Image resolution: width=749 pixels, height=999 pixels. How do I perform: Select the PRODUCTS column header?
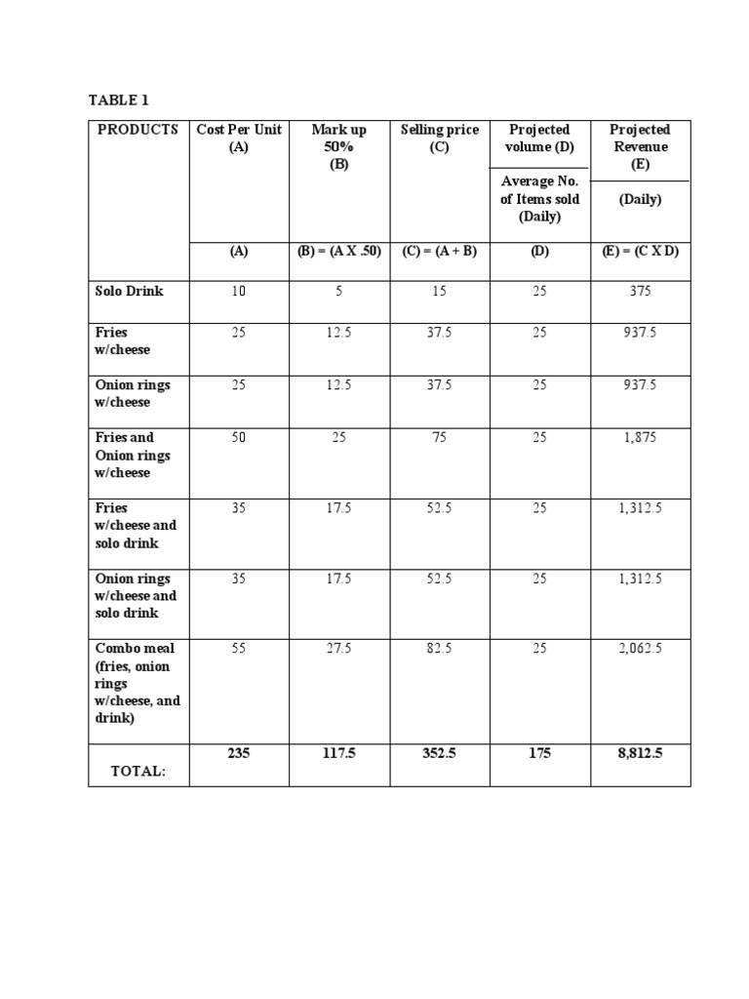pyautogui.click(x=138, y=130)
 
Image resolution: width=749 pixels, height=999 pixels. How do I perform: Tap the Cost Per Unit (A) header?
pyautogui.click(x=239, y=138)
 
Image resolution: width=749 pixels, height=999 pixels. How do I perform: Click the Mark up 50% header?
pyautogui.click(x=338, y=146)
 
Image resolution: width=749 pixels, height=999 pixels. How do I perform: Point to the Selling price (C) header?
pyautogui.click(x=440, y=138)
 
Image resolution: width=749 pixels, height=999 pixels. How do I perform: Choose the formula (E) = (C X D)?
pyautogui.click(x=640, y=251)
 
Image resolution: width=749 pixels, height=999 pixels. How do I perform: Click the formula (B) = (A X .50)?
pyautogui.click(x=338, y=251)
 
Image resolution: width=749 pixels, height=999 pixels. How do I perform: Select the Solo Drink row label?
pyautogui.click(x=130, y=291)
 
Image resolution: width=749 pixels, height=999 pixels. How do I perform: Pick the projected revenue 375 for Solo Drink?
pyautogui.click(x=640, y=291)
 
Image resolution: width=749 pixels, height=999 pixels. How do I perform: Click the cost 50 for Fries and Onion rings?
pyautogui.click(x=239, y=438)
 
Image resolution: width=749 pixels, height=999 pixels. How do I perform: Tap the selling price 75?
pyautogui.click(x=440, y=438)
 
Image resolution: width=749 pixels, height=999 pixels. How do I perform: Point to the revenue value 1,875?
pyautogui.click(x=640, y=438)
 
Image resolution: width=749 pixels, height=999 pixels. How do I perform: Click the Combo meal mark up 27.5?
pyautogui.click(x=338, y=649)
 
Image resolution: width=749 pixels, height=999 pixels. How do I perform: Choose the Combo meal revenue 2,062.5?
pyautogui.click(x=640, y=649)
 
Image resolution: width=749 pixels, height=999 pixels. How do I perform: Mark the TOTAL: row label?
pyautogui.click(x=138, y=771)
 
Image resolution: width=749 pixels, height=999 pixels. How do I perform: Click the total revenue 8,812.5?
pyautogui.click(x=640, y=754)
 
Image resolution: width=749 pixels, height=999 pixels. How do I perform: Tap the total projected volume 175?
pyautogui.click(x=539, y=754)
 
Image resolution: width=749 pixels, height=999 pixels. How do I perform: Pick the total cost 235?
pyautogui.click(x=239, y=754)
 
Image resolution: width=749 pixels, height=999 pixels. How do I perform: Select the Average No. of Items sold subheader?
pyautogui.click(x=539, y=198)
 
